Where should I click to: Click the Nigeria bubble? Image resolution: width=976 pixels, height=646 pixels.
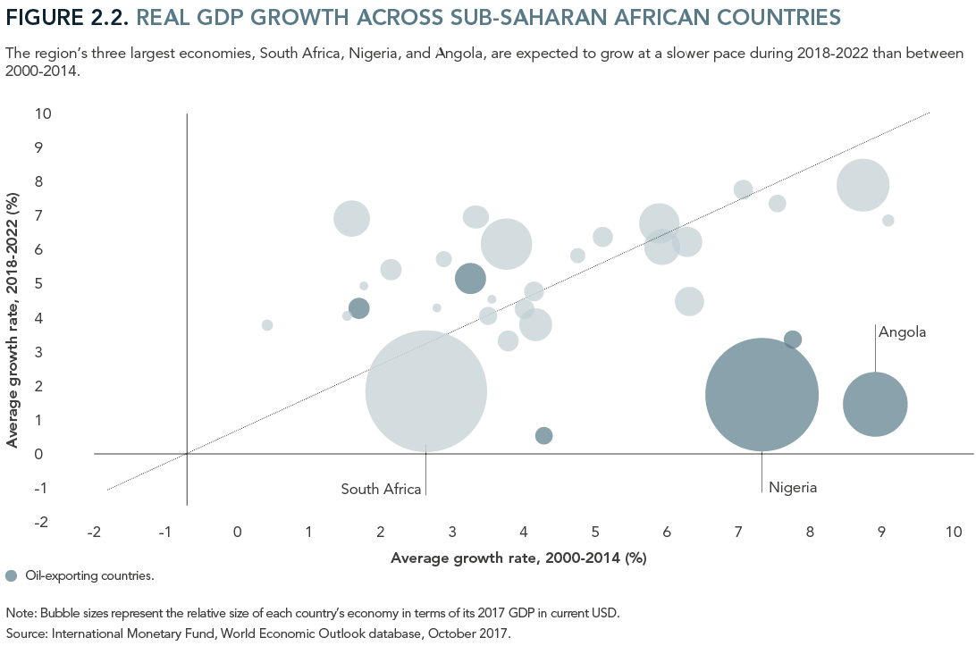761,395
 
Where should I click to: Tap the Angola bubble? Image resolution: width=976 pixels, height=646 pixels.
875,404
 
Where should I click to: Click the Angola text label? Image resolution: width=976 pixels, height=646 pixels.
902,332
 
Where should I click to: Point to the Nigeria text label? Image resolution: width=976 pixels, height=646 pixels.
793,488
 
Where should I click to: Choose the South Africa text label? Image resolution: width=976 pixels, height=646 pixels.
380,489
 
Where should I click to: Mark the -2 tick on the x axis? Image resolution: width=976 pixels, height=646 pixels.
94,533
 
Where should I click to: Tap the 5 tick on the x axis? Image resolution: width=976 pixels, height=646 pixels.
595,533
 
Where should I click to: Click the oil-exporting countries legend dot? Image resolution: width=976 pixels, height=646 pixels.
11,575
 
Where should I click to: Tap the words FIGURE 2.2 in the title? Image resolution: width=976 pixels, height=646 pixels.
67,17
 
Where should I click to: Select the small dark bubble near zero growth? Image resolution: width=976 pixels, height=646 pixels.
543,435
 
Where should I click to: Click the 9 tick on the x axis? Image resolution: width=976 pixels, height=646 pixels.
881,533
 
